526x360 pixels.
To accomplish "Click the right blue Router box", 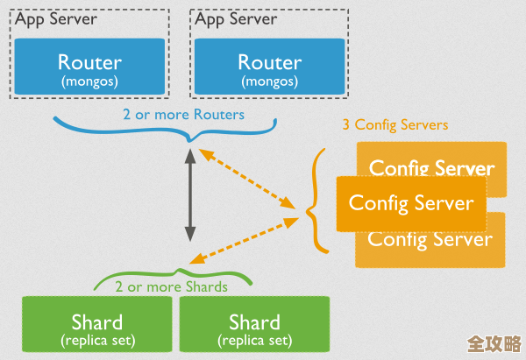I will (268, 70).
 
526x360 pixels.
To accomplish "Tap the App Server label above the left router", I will (56, 18).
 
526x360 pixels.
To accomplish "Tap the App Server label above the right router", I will (236, 18).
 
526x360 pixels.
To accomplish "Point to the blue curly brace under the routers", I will (188, 133).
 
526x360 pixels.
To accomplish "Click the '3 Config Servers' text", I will (394, 125).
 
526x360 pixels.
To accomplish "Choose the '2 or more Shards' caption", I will (171, 286).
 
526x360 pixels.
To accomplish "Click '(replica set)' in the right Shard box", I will (254, 339).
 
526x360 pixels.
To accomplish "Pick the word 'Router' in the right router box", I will (268, 62).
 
